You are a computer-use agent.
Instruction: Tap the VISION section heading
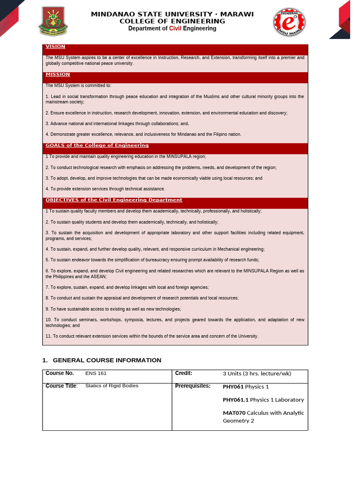pos(55,47)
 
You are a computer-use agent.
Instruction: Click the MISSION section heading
pos(58,75)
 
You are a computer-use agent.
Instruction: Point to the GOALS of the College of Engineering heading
pos(97,145)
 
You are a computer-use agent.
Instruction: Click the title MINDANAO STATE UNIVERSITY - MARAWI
pos(172,14)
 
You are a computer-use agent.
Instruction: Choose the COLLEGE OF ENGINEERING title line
pos(172,21)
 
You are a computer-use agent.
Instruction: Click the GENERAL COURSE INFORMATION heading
pos(107,360)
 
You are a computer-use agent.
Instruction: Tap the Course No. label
pos(60,373)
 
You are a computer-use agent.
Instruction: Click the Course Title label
pos(61,386)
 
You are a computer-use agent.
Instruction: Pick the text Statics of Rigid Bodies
pos(112,386)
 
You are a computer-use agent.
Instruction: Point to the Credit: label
pos(184,373)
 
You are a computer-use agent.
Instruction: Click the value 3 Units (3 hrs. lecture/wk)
pos(257,374)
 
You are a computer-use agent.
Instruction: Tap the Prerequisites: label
pos(193,386)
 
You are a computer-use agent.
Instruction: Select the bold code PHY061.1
pos(235,400)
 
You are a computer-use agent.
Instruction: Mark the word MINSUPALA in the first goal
pos(177,157)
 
